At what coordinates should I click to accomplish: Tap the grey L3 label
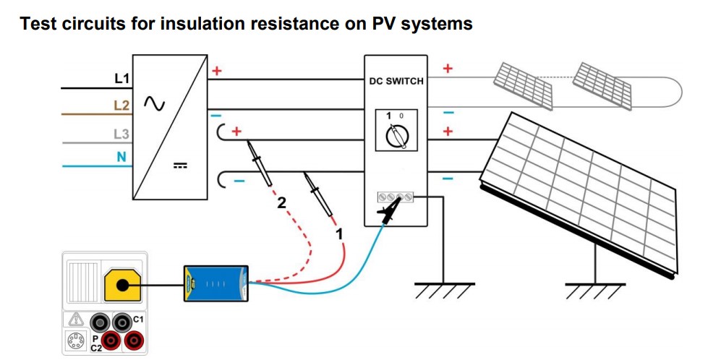[122, 133]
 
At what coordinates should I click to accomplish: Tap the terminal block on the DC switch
[396, 197]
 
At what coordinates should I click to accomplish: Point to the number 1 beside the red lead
[336, 234]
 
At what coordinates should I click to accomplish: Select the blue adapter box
[216, 283]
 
